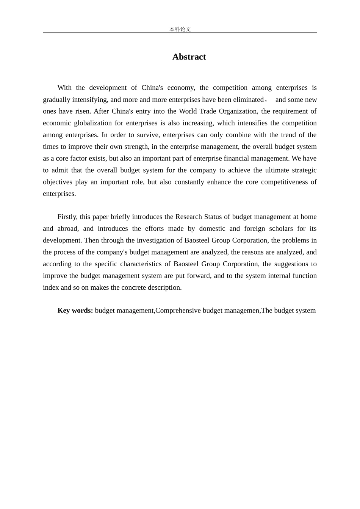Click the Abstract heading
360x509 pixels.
coord(189,57)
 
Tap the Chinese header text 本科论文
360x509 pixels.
coord(180,29)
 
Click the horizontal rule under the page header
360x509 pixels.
coord(180,33)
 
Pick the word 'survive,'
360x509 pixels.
coord(149,135)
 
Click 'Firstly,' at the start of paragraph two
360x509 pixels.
coord(67,217)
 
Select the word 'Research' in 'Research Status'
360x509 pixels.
coord(189,217)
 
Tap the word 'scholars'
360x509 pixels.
coord(282,229)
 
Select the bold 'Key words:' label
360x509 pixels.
coord(75,311)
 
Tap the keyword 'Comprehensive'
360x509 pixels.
coord(178,311)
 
